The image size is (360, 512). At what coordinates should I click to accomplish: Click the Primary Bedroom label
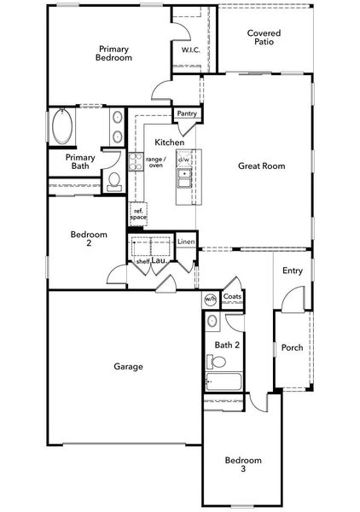click(x=114, y=54)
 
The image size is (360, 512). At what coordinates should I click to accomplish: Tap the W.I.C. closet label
click(x=191, y=50)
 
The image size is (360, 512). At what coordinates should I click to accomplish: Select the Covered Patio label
click(x=264, y=38)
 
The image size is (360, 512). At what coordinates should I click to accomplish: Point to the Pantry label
click(x=186, y=113)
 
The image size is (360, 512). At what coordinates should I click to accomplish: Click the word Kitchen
click(x=169, y=142)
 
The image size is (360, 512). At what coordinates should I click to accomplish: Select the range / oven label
click(x=154, y=162)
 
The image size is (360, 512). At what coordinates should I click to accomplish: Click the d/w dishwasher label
click(x=183, y=160)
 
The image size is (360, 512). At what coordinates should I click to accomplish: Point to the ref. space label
click(x=137, y=214)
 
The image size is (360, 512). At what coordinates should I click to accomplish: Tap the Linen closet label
click(x=185, y=243)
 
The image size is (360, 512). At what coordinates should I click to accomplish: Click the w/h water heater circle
click(x=210, y=299)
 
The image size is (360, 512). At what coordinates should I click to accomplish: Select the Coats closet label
click(x=232, y=297)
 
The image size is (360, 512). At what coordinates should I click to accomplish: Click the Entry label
click(x=293, y=271)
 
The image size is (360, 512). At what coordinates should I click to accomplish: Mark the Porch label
click(x=293, y=348)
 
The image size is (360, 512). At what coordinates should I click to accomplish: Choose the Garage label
click(x=128, y=367)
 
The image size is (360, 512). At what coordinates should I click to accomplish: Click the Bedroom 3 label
click(x=243, y=465)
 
